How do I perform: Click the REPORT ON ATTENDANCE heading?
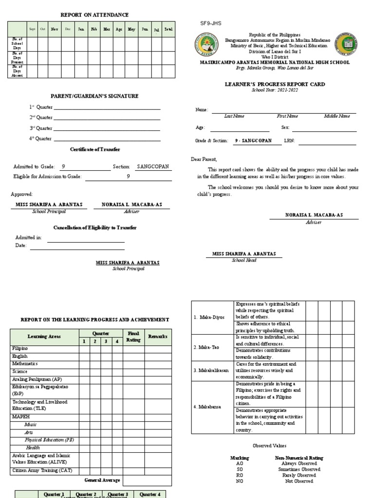coord(94,15)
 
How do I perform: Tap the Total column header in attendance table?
coord(168,29)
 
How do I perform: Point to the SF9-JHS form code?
coord(211,23)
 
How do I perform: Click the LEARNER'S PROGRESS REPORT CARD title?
coord(275,84)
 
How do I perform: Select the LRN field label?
coord(289,141)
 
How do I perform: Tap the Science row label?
coord(20,371)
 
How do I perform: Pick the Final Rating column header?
coord(133,337)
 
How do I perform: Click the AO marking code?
coord(239,463)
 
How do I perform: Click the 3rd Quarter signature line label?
coord(40,128)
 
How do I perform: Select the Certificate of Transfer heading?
coord(94,149)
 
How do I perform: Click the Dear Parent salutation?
coord(204,160)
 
